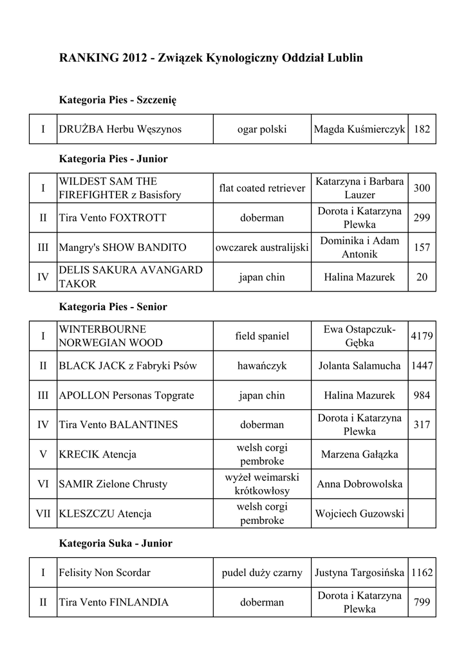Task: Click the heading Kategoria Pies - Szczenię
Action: point(118,100)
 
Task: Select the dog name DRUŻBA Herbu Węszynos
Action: point(120,129)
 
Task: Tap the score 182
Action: point(422,129)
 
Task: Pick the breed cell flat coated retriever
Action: point(262,188)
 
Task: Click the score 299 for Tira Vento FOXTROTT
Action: point(422,218)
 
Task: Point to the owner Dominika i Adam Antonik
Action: point(359,247)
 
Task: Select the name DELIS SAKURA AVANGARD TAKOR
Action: point(131,277)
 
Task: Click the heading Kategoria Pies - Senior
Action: point(113,307)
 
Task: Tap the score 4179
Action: point(422,336)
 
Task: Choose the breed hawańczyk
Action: point(262,366)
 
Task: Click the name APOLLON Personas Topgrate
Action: point(126,395)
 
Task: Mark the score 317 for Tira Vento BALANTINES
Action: point(422,425)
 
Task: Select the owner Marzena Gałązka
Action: point(359,454)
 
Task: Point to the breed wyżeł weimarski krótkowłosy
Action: point(262,484)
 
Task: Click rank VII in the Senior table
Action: point(43,514)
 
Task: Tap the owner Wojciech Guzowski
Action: point(359,514)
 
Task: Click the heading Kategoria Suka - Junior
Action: point(116,543)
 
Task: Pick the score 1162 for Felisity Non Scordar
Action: point(422,572)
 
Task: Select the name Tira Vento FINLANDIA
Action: point(114,602)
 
